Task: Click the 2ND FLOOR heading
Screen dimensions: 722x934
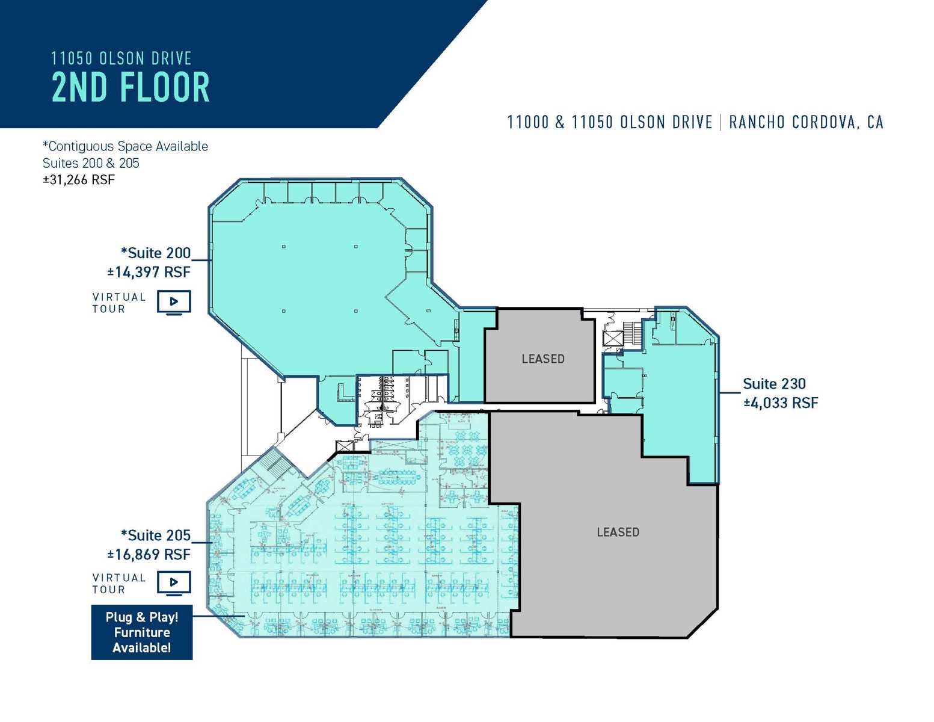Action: [131, 87]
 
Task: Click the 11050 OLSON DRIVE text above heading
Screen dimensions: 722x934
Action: [121, 58]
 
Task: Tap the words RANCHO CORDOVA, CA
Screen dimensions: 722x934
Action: [806, 122]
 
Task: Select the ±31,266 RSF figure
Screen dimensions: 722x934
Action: [78, 180]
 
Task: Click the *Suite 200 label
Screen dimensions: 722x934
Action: [156, 253]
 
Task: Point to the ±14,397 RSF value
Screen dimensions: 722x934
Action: [149, 272]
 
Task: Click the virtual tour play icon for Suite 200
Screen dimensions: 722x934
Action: [174, 301]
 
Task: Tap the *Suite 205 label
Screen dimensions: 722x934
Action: [156, 535]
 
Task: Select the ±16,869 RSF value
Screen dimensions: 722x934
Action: [149, 554]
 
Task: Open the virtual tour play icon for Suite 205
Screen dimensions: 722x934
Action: [174, 582]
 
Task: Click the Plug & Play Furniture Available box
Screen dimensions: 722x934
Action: [142, 632]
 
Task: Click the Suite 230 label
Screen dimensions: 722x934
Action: [774, 384]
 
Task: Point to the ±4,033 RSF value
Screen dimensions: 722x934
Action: [781, 403]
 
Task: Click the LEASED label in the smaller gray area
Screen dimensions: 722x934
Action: [543, 359]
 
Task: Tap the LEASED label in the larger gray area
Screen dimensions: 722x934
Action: [618, 532]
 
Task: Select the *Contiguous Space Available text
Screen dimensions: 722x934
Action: [125, 146]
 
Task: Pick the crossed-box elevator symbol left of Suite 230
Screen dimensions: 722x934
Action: [613, 339]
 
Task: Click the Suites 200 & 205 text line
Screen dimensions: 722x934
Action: [91, 163]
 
